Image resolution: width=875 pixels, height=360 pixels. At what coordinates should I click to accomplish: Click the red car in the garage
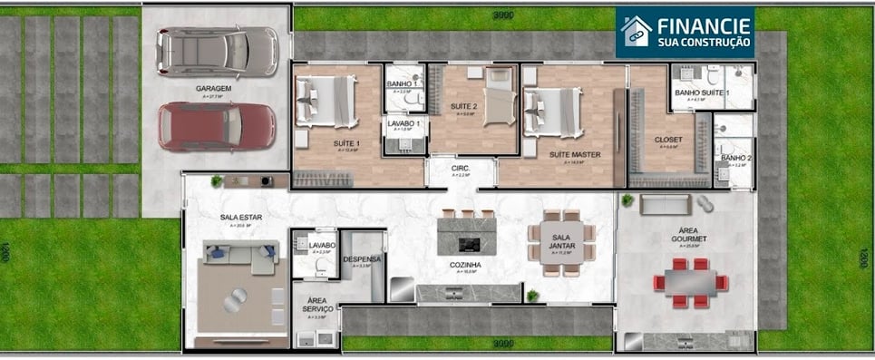tap(216, 125)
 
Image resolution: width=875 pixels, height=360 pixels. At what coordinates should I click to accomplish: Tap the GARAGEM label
tap(214, 89)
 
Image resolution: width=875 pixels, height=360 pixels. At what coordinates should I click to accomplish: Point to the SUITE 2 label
tap(464, 107)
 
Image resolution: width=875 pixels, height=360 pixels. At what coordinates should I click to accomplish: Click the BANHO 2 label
tap(734, 159)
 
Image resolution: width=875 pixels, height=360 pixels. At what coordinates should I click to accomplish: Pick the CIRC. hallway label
tap(460, 168)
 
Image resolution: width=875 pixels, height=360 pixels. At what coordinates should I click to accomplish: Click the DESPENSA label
tap(362, 259)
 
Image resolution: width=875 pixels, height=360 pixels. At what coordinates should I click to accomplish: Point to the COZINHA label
tap(464, 265)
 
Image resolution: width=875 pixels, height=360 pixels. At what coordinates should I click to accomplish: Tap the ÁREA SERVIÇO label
tap(318, 304)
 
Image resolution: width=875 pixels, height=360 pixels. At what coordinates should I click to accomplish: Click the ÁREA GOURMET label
tap(685, 233)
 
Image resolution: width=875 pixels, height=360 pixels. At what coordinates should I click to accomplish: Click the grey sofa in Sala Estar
tap(239, 257)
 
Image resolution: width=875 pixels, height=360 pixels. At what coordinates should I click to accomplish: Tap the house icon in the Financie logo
tap(636, 32)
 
